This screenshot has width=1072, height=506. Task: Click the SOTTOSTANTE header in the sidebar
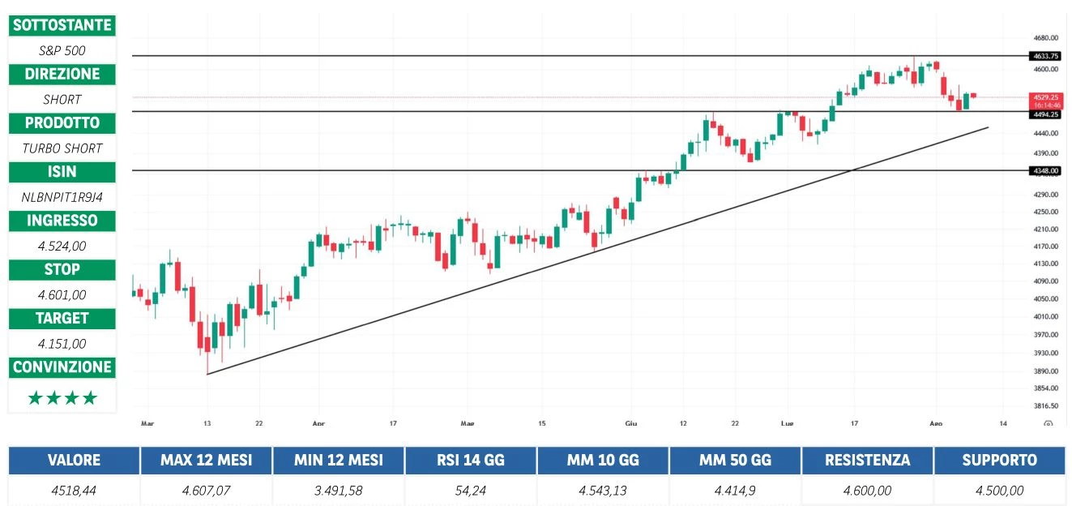tap(62, 25)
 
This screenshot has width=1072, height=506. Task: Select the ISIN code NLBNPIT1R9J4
tap(62, 196)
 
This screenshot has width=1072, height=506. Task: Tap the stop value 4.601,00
tap(62, 294)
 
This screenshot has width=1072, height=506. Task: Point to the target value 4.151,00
tap(62, 343)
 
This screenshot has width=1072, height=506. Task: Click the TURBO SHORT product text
tap(62, 148)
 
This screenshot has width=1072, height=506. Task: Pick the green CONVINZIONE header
tap(62, 367)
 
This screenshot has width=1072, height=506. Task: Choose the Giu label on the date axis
tap(631, 423)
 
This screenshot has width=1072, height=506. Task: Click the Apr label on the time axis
tap(318, 423)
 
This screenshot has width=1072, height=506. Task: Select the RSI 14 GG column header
tap(470, 461)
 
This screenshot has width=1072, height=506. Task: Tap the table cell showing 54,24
tap(470, 490)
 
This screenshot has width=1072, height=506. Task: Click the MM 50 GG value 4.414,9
tap(734, 490)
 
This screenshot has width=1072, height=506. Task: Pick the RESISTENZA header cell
tap(866, 461)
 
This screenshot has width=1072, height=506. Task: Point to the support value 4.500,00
tap(999, 490)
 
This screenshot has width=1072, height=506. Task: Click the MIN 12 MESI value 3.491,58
tap(338, 490)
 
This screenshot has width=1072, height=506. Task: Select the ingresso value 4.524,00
tap(62, 246)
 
